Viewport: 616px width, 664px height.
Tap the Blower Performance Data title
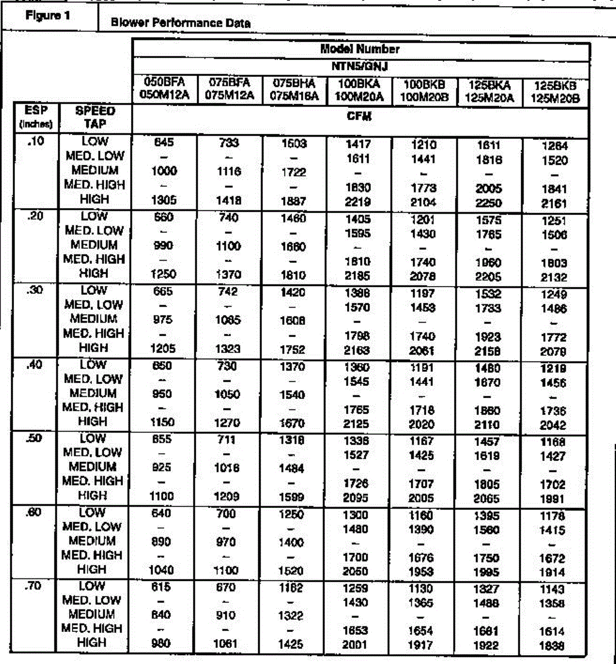tap(180, 23)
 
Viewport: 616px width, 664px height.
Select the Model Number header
tap(360, 49)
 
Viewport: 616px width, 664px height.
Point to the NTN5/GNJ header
tap(360, 66)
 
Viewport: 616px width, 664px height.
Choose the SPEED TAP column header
tap(94, 117)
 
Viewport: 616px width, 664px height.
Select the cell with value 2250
tap(487, 203)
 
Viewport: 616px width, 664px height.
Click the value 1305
tap(163, 201)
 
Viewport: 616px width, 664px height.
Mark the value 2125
tap(355, 424)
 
